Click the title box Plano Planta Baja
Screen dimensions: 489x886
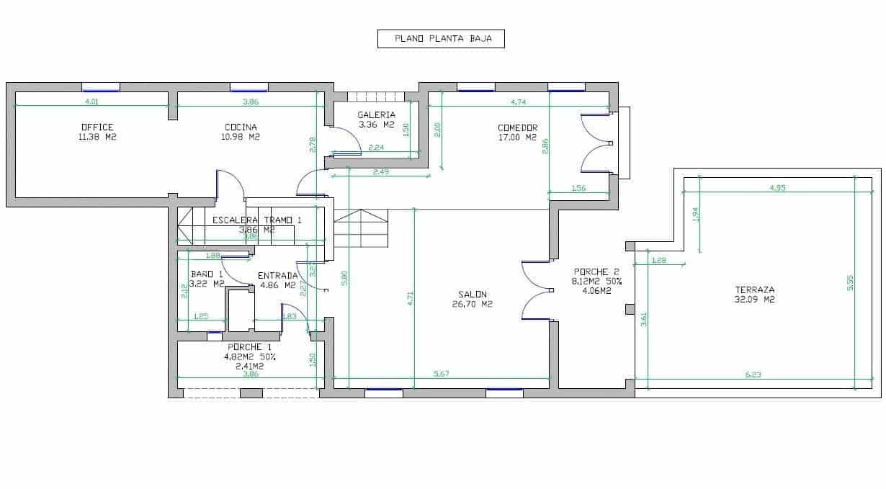click(x=441, y=39)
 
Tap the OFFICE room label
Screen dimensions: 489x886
click(x=97, y=127)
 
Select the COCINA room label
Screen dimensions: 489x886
click(x=241, y=127)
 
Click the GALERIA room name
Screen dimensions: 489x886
click(x=377, y=115)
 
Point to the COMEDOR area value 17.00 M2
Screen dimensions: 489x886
click(x=517, y=137)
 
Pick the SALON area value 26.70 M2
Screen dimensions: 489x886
click(x=472, y=304)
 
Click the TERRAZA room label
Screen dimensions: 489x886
click(x=751, y=290)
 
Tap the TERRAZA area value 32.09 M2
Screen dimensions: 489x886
click(x=751, y=300)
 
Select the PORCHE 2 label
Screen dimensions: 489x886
click(x=591, y=272)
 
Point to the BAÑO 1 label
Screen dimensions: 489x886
click(x=207, y=274)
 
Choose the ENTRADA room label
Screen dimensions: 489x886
click(x=277, y=275)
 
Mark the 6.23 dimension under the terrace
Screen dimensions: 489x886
click(x=753, y=374)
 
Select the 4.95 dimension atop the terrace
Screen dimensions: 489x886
click(x=777, y=188)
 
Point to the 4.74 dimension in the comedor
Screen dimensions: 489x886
click(x=517, y=102)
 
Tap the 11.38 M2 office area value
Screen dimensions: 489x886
click(x=97, y=137)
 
